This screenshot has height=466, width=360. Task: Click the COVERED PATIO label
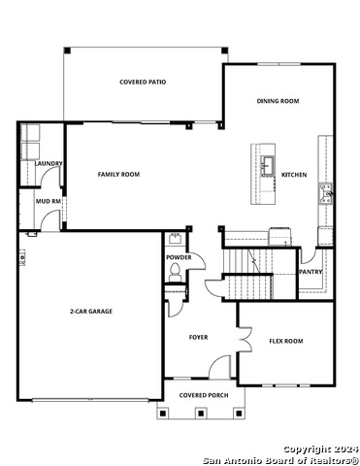143,83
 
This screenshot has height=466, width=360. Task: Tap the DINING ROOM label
278,101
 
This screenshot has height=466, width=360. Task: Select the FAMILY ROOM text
118,175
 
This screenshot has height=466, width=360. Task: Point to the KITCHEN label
294,175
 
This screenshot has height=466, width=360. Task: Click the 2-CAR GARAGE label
91,312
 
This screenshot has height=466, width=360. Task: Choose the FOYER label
198,337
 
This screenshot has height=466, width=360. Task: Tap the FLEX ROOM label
286,341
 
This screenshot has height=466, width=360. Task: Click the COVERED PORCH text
204,395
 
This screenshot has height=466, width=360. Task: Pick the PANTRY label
311,272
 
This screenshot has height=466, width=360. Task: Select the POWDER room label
179,257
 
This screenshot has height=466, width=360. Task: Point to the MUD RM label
48,201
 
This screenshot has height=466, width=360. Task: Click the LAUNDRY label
49,164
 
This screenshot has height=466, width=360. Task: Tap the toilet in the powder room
175,272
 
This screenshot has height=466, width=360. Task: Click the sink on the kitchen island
268,165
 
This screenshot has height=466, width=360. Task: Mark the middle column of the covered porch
201,414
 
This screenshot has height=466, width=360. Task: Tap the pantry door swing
308,255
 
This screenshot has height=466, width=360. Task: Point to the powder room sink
176,238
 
